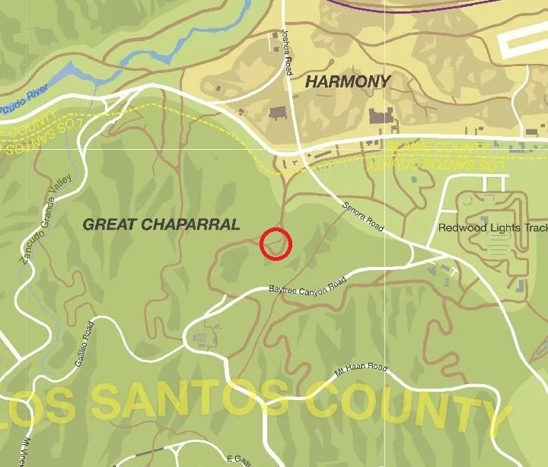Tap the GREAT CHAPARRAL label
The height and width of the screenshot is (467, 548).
(x=161, y=224)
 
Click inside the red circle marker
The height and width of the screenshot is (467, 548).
(x=276, y=244)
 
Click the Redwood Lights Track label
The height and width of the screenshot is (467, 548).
(x=492, y=228)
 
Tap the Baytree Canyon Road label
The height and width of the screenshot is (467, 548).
(x=307, y=286)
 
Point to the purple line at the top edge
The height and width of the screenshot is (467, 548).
(x=426, y=7)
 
